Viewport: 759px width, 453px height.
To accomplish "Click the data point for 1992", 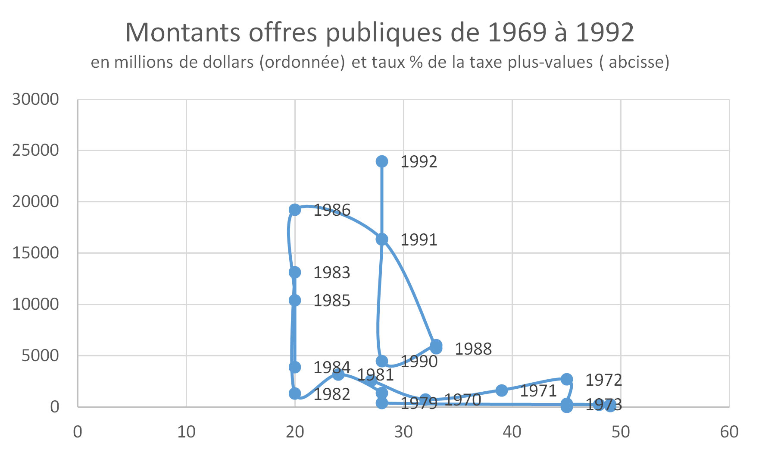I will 381,161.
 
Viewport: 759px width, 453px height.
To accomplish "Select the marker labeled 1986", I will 295,210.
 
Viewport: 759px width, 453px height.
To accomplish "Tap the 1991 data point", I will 381,239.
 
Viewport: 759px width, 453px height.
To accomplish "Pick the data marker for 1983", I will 295,272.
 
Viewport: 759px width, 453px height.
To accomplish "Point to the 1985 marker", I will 295,300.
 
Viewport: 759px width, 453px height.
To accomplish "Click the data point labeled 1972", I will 567,379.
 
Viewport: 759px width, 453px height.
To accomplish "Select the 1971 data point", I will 502,390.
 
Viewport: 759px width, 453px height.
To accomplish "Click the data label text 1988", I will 473,349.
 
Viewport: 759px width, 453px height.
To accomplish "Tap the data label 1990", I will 419,362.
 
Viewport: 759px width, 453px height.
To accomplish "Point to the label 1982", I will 331,394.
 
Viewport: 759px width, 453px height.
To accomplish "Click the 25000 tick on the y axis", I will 35,151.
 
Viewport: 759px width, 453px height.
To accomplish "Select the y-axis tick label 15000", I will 35,253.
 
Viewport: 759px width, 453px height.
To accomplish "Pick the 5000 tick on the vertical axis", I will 40,355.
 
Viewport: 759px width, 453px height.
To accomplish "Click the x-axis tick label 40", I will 512,432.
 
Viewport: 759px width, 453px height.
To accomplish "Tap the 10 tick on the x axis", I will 186,432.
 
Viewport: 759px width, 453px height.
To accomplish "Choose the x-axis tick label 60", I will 729,432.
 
